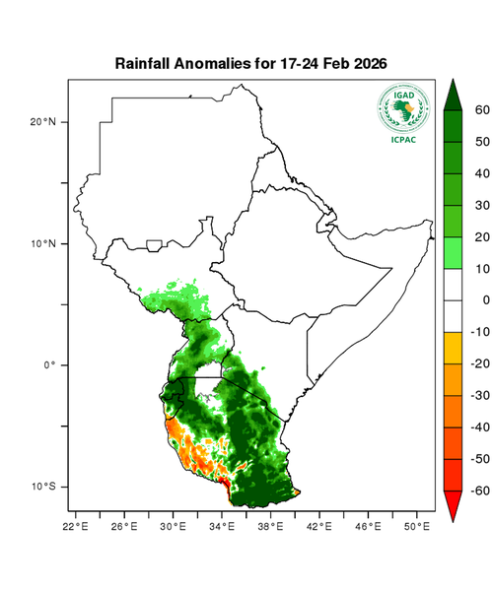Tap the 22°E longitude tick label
point(76,526)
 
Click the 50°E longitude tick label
point(417,526)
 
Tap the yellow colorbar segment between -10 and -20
point(454,348)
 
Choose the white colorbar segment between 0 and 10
point(454,285)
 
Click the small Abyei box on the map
point(155,244)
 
